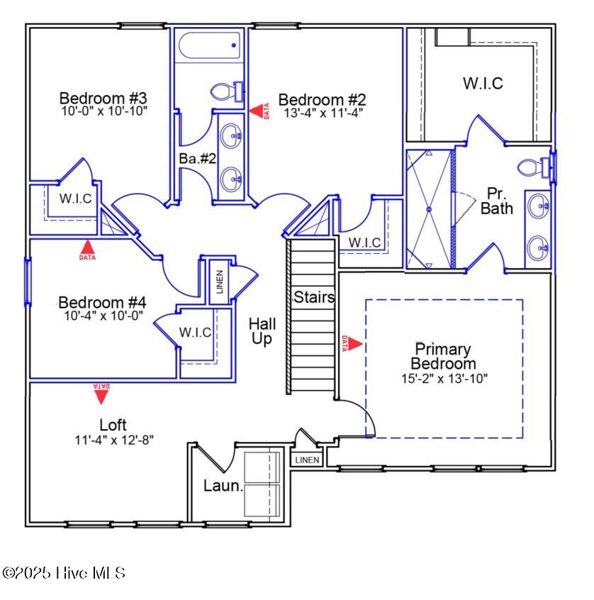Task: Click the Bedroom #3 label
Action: tap(103, 97)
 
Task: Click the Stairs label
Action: tap(314, 297)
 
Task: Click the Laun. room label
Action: tap(223, 487)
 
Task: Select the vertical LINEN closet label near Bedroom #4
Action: tap(220, 282)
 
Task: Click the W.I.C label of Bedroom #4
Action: tap(195, 332)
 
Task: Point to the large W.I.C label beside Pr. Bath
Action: tap(483, 83)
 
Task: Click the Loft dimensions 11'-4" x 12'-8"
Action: tap(114, 439)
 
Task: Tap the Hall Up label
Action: tap(262, 331)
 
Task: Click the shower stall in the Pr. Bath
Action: tap(429, 209)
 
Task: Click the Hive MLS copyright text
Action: tap(64, 572)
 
